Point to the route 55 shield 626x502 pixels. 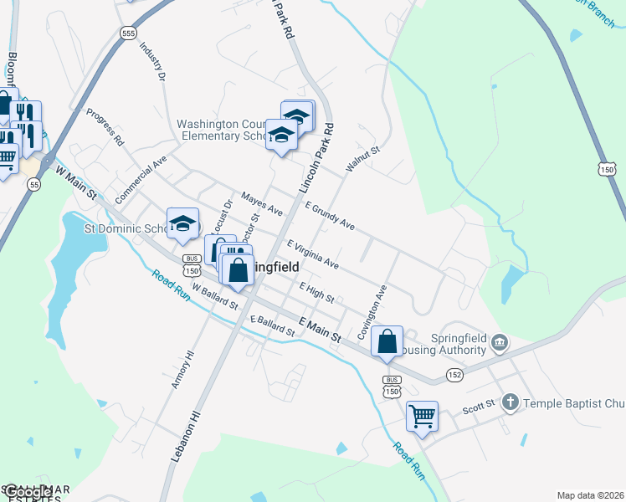[33, 184]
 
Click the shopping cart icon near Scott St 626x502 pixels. [423, 416]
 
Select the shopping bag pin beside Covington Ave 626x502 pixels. [387, 341]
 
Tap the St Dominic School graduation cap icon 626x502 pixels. [182, 223]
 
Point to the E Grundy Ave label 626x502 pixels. [330, 216]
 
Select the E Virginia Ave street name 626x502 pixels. [313, 254]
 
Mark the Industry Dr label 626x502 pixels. [151, 63]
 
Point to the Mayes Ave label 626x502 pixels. [261, 204]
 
